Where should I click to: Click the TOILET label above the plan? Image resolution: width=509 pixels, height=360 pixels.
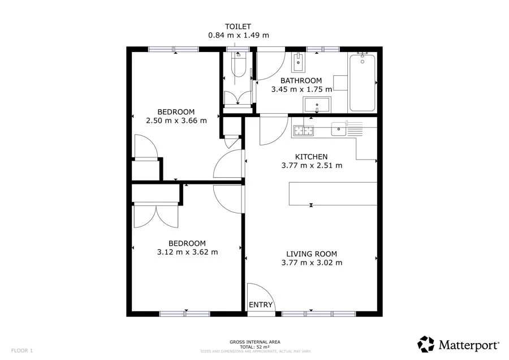[x=238, y=26]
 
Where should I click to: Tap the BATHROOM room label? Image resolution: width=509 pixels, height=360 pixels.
[x=297, y=81]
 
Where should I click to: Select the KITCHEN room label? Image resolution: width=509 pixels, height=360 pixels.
[x=311, y=157]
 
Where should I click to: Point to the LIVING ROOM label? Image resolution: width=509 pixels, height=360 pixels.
[x=311, y=254]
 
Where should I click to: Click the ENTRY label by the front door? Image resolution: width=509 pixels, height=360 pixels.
[x=261, y=305]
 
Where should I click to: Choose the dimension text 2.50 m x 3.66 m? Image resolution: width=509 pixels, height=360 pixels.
[x=176, y=120]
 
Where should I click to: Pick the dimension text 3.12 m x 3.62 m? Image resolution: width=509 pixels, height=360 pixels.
[x=187, y=252]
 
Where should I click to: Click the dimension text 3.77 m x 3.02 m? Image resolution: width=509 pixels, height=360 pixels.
[x=311, y=263]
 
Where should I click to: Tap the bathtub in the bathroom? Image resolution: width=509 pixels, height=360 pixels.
[x=362, y=82]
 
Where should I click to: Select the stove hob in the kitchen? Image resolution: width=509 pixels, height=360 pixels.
[x=303, y=131]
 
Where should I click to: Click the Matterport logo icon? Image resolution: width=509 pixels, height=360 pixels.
[x=426, y=344]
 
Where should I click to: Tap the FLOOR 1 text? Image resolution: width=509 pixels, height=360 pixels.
[x=22, y=350]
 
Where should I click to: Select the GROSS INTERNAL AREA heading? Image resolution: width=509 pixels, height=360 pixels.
[x=255, y=342]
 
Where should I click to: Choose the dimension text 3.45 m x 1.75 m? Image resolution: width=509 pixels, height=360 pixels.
[x=301, y=89]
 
